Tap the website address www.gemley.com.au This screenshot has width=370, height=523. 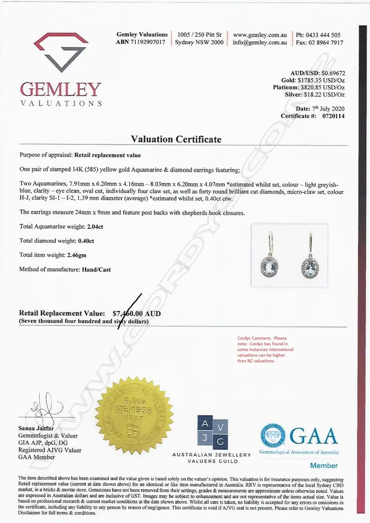tap(260, 35)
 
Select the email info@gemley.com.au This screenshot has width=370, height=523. tap(260, 42)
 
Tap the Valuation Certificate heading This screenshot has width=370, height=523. tap(176, 139)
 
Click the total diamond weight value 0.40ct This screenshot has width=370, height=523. tap(86, 241)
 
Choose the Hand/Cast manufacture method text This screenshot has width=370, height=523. tap(96, 269)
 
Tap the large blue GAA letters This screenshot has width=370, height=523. tap(314, 436)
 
